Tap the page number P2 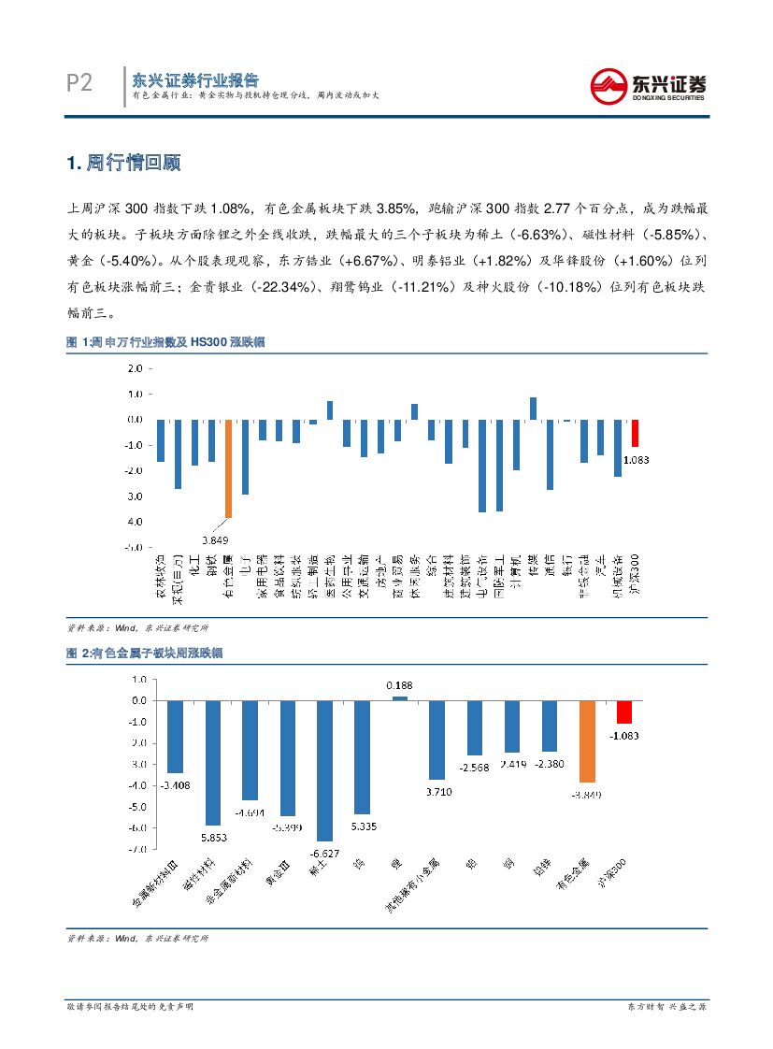[79, 83]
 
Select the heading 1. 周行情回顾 [123, 163]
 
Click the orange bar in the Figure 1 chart [227, 468]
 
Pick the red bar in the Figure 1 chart [635, 433]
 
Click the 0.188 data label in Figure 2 [399, 685]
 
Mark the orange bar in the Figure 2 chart [586, 740]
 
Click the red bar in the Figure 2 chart [623, 711]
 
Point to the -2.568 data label [475, 767]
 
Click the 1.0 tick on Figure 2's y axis [138, 679]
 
